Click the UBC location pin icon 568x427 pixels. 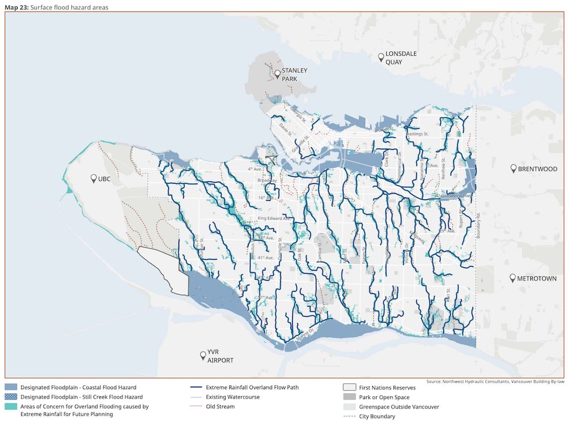pyautogui.click(x=93, y=179)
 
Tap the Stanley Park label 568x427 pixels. pyautogui.click(x=294, y=74)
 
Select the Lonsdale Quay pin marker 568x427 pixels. pyautogui.click(x=381, y=57)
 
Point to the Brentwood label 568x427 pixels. pyautogui.click(x=538, y=169)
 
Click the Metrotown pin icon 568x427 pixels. pyautogui.click(x=513, y=278)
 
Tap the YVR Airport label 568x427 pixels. pyautogui.click(x=221, y=356)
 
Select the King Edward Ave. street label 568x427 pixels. pyautogui.click(x=275, y=218)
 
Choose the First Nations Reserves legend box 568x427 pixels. pyautogui.click(x=348, y=387)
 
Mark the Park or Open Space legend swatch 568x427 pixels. pyautogui.click(x=348, y=397)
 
